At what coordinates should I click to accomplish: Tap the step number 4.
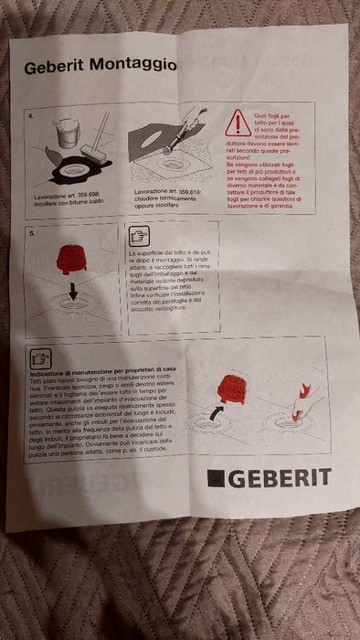pos(31,118)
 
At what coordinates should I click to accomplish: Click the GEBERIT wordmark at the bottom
pos(277,475)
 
